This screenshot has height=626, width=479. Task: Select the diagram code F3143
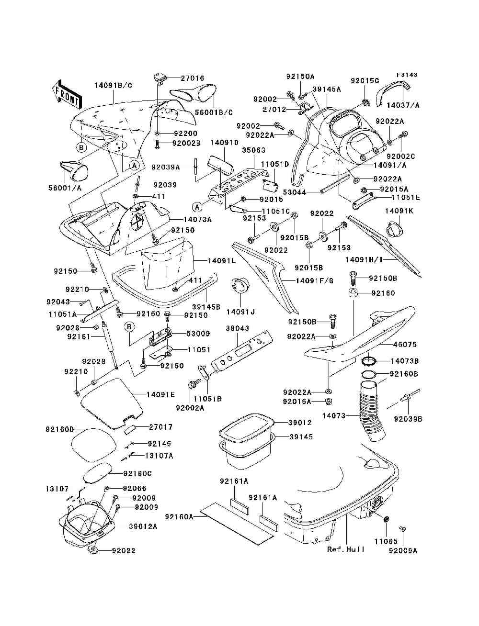click(407, 75)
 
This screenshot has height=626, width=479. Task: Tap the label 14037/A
click(403, 105)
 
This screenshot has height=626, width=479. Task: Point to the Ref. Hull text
click(346, 549)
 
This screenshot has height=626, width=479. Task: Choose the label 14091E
click(160, 394)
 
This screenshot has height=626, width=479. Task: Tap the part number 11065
click(386, 541)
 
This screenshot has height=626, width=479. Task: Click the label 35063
click(253, 150)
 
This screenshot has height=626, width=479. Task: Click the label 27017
click(161, 427)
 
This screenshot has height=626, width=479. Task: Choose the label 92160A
click(179, 517)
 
